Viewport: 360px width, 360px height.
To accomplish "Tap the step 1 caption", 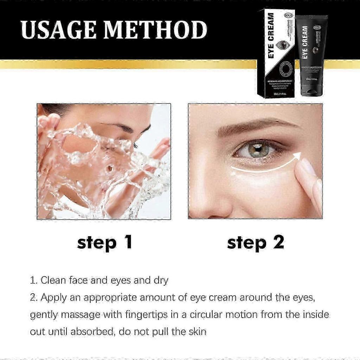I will click(104, 243).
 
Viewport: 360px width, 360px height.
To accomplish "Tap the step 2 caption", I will click(255, 243).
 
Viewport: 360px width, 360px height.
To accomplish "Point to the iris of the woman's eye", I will click(260, 148).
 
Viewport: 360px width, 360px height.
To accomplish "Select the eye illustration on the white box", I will click(283, 45).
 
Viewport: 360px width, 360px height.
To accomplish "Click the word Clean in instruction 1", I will click(52, 281).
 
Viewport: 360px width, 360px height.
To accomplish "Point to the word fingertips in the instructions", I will click(121, 314).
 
